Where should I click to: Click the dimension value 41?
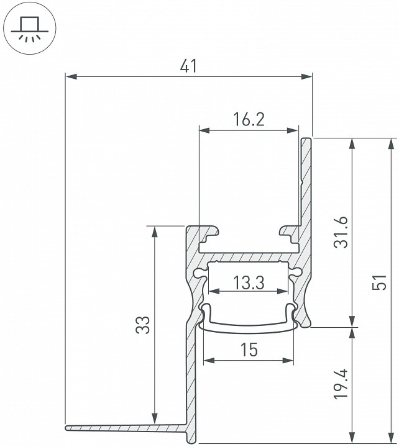coord(188,65)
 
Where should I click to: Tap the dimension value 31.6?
coord(339,232)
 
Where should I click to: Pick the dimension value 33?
coord(142,324)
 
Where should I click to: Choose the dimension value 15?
coord(248,350)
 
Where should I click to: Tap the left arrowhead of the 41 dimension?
coord(70,76)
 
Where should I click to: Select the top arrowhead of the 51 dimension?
coord(391,143)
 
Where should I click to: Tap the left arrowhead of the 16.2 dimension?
coord(204,130)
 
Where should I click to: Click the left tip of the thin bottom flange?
coord(66,427)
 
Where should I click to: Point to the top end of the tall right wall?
coord(306,140)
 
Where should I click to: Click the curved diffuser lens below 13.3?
coord(248,327)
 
